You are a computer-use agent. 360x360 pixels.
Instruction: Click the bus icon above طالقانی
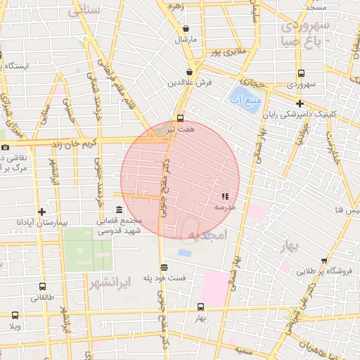tap(43, 287)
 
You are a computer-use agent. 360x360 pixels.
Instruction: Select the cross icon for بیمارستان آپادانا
tap(42, 212)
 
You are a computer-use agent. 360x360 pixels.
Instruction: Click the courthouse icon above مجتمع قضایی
tap(118, 210)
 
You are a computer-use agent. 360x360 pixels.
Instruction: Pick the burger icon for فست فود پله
tap(164, 267)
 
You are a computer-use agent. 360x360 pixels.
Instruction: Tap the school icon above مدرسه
tap(225, 197)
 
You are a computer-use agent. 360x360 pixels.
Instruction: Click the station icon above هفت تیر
tap(181, 118)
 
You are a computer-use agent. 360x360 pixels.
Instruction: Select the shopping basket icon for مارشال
tap(186, 29)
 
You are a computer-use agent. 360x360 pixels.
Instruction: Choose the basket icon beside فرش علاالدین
tap(190, 72)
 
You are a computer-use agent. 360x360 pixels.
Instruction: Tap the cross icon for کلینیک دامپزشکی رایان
tap(300, 103)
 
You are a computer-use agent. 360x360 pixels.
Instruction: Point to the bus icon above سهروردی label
tap(301, 73)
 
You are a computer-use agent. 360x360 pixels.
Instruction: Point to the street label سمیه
tap(244, 349)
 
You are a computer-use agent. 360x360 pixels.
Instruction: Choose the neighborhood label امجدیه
tap(205, 236)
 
